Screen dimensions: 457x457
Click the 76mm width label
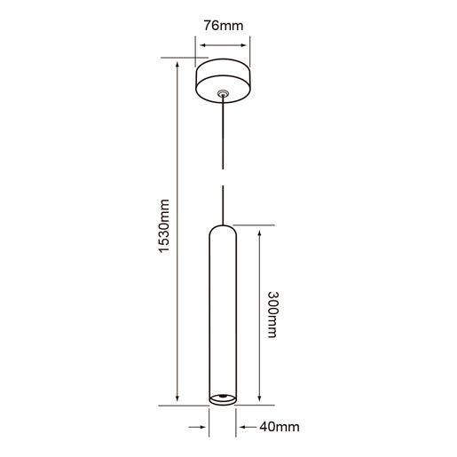tap(223, 25)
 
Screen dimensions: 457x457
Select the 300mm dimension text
tap(272, 316)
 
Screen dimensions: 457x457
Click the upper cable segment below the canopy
tap(223, 133)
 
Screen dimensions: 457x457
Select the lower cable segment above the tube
tap(223, 202)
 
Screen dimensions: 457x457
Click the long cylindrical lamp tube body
tap(223, 311)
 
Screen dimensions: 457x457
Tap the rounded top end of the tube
tap(223, 229)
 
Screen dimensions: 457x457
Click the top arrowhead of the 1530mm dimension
tap(178, 63)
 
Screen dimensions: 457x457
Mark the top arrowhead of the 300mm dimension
tap(258, 230)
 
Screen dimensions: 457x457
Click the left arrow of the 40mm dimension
tap(203, 426)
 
